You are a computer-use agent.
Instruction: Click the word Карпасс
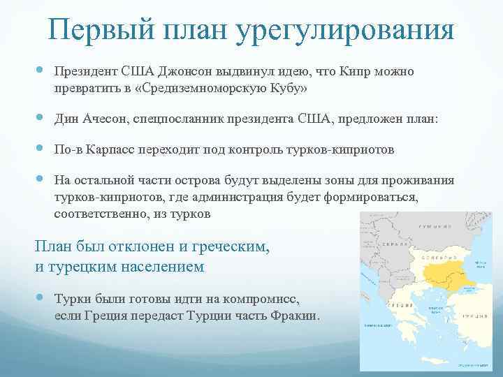coord(106,149)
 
